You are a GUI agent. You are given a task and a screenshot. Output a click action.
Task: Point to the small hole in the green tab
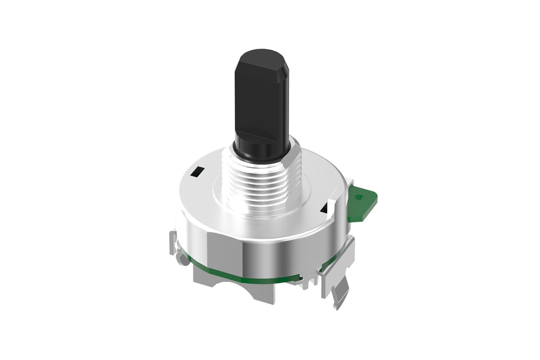(359, 197)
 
